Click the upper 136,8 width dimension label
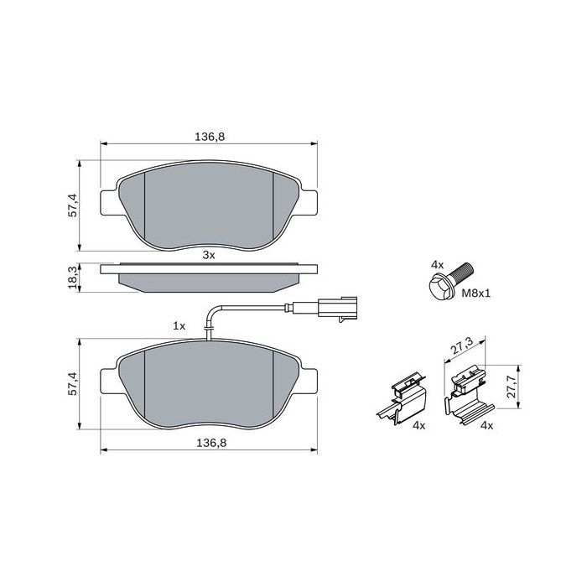click(209, 136)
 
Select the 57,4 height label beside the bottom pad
click(73, 382)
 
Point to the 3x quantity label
click(210, 255)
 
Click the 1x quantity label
click(178, 325)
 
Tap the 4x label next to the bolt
click(436, 264)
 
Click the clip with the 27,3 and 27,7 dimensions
click(466, 395)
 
